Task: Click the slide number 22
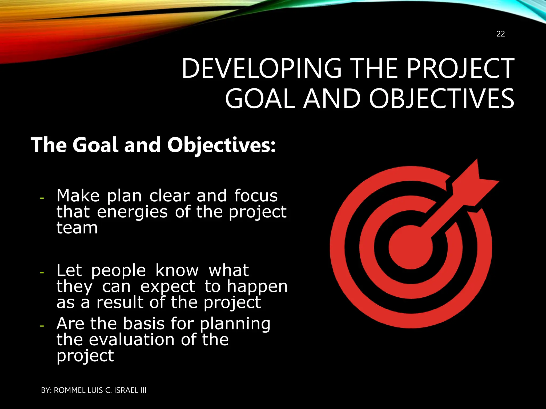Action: [x=501, y=34]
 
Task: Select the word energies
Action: [x=132, y=212]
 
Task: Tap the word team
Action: [x=77, y=228]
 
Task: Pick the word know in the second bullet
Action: [x=177, y=271]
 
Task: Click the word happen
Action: [x=257, y=287]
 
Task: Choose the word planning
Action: [x=235, y=324]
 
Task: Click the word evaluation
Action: [x=132, y=340]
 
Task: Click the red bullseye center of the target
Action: [x=411, y=247]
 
